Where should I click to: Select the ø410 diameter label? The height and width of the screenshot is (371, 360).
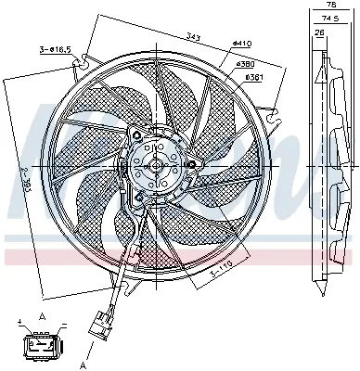click(x=243, y=43)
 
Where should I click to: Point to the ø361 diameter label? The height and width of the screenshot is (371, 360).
click(x=251, y=77)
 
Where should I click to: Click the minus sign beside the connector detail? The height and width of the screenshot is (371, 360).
click(x=62, y=325)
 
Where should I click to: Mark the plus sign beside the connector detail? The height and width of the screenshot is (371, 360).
click(x=20, y=322)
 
